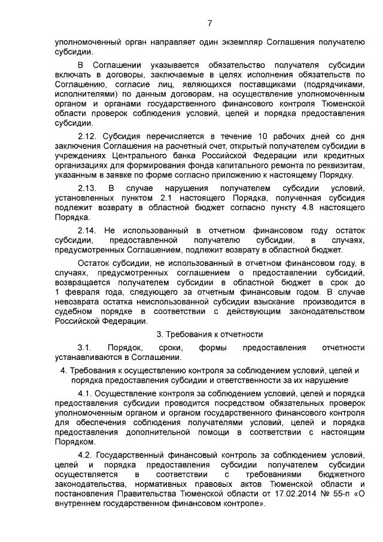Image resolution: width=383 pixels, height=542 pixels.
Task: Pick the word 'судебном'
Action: pyautogui.click(x=74, y=312)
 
